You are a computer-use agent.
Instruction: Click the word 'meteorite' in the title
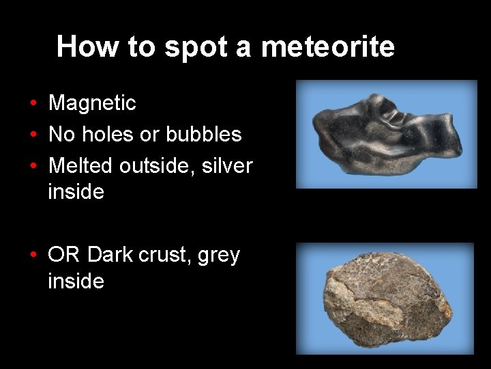[327, 46]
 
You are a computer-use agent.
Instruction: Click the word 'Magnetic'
[92, 103]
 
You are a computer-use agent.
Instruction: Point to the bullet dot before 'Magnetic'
[33, 104]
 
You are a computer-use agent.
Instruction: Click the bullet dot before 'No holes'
[33, 135]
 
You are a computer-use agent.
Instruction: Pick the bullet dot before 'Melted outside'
[33, 166]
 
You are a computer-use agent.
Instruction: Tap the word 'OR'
[64, 255]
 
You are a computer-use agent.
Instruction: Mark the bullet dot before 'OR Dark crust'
[33, 256]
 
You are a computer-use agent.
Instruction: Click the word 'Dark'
[110, 255]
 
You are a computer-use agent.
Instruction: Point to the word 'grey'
[219, 256]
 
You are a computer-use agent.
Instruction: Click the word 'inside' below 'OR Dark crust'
[76, 281]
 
